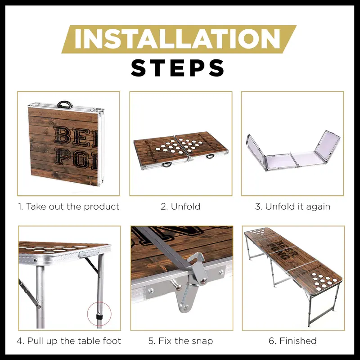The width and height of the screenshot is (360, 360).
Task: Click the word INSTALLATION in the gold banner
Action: pos(177,39)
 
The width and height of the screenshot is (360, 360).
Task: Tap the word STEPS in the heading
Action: pos(177,68)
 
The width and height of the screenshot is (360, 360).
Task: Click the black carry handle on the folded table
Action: pos(64,104)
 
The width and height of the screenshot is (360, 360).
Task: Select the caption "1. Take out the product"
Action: pos(68,207)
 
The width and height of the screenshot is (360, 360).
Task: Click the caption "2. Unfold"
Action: pos(180,207)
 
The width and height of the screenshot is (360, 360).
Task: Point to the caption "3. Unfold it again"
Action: pos(292,207)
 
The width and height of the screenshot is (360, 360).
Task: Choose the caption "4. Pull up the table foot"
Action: pos(69,341)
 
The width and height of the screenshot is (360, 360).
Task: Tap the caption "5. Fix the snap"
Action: pos(180,341)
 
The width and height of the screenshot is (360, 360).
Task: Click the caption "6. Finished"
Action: pos(292,341)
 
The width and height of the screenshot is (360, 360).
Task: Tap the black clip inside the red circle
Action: pos(99,317)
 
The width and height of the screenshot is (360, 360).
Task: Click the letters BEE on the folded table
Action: pos(75,137)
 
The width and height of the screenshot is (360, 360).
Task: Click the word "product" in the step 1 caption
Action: pos(102,207)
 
